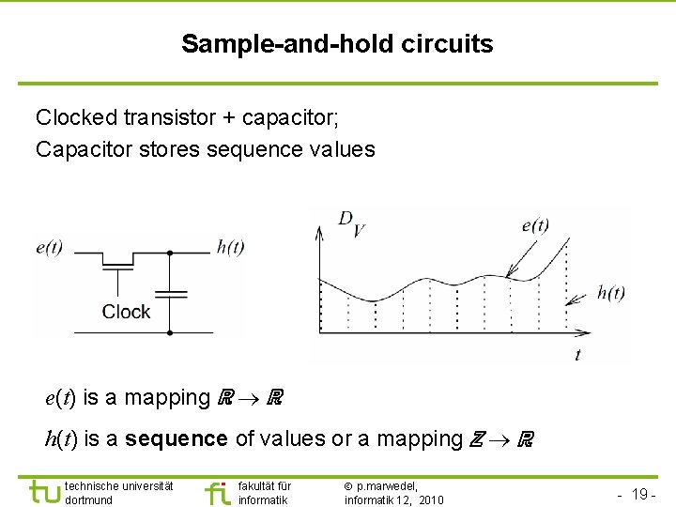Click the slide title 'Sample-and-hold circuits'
337,43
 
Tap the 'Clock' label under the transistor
126,312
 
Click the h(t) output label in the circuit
230,248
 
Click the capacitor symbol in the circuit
169,294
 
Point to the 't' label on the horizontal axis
577,355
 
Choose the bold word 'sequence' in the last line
176,438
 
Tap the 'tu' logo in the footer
44,491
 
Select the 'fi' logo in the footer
217,491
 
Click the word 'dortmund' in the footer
89,499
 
